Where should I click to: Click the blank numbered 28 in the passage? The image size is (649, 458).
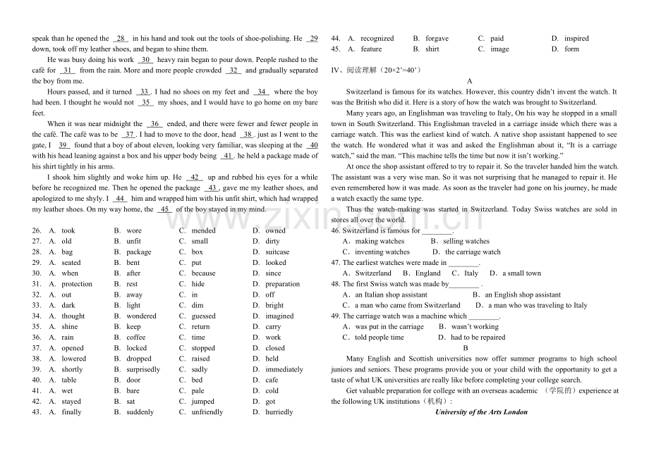(120, 39)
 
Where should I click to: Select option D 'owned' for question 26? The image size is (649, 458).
(275, 230)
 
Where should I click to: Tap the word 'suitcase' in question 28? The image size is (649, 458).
(277, 252)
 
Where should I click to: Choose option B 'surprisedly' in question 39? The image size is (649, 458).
(143, 369)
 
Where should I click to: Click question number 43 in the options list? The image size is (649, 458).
(37, 412)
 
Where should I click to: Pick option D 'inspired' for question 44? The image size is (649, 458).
(576, 38)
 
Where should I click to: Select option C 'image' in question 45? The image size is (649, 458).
(499, 49)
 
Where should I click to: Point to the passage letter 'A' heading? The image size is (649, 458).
(470, 81)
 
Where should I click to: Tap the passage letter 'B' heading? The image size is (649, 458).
(466, 348)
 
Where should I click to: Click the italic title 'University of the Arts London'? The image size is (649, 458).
(481, 412)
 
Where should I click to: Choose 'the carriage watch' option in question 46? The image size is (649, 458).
(472, 252)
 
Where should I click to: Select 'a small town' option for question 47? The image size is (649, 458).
(521, 273)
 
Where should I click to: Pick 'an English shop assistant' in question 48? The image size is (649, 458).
(522, 295)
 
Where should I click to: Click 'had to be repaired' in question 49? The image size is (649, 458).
(478, 338)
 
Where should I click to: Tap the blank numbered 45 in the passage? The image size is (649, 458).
(164, 209)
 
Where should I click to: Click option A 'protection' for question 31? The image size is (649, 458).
(76, 284)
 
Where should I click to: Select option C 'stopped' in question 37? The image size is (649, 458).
(203, 348)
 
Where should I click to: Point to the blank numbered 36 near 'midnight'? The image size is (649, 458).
(154, 124)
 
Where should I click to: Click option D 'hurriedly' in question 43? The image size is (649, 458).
(279, 412)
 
